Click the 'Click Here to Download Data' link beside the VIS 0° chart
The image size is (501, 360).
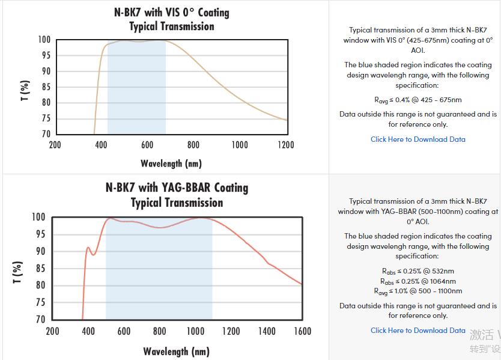coord(417,139)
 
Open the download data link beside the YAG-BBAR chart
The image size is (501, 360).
coord(417,331)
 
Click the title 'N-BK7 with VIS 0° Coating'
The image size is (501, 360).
coord(172,13)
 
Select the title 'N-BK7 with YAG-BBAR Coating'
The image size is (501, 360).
coord(177,188)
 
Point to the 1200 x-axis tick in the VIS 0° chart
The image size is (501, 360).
coord(286,145)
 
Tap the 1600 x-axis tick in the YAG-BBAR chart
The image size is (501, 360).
coord(302,331)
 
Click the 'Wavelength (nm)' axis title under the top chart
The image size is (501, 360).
coord(171,163)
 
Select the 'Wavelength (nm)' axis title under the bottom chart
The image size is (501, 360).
coord(176,352)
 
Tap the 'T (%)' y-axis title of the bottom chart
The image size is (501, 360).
coord(18,272)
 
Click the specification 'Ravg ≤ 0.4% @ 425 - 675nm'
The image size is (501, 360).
coord(417,100)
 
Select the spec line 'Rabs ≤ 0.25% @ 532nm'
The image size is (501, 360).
coord(418,271)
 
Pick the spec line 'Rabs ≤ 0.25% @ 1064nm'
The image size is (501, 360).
coord(418,281)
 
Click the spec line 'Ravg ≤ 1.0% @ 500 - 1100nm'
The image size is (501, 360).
coord(418,291)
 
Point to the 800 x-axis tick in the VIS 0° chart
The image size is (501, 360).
coord(193,145)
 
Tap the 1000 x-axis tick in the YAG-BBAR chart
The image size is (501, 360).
coord(195,331)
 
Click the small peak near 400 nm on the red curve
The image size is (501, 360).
coord(88,248)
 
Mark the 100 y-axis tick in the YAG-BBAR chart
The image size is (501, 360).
coord(38,217)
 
